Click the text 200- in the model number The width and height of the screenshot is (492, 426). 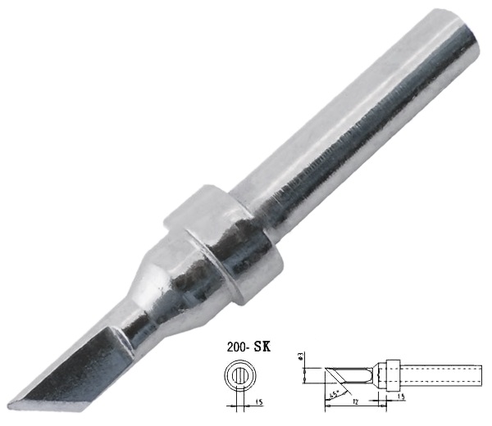(x=232, y=347)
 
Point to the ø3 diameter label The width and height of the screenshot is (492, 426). (x=300, y=357)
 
